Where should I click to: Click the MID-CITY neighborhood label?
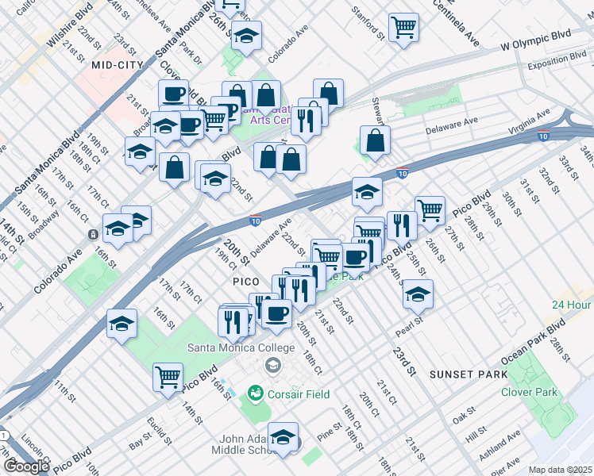tap(117, 64)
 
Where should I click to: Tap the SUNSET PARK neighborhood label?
tap(462, 374)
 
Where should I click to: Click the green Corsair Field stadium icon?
tap(255, 393)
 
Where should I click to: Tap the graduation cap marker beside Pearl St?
tap(418, 294)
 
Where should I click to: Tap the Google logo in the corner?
tap(25, 466)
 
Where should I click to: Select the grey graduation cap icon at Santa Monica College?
tap(273, 365)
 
